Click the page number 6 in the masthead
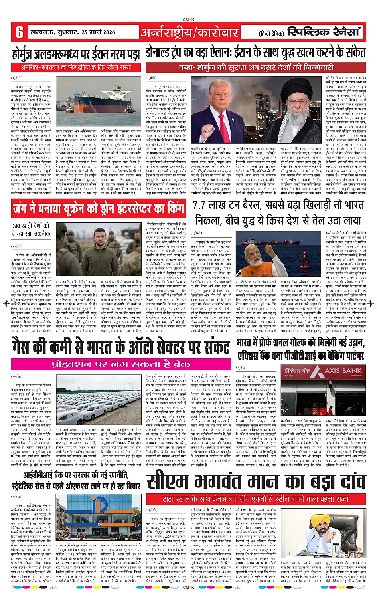tap(19, 32)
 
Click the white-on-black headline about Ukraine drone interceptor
tap(98, 208)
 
